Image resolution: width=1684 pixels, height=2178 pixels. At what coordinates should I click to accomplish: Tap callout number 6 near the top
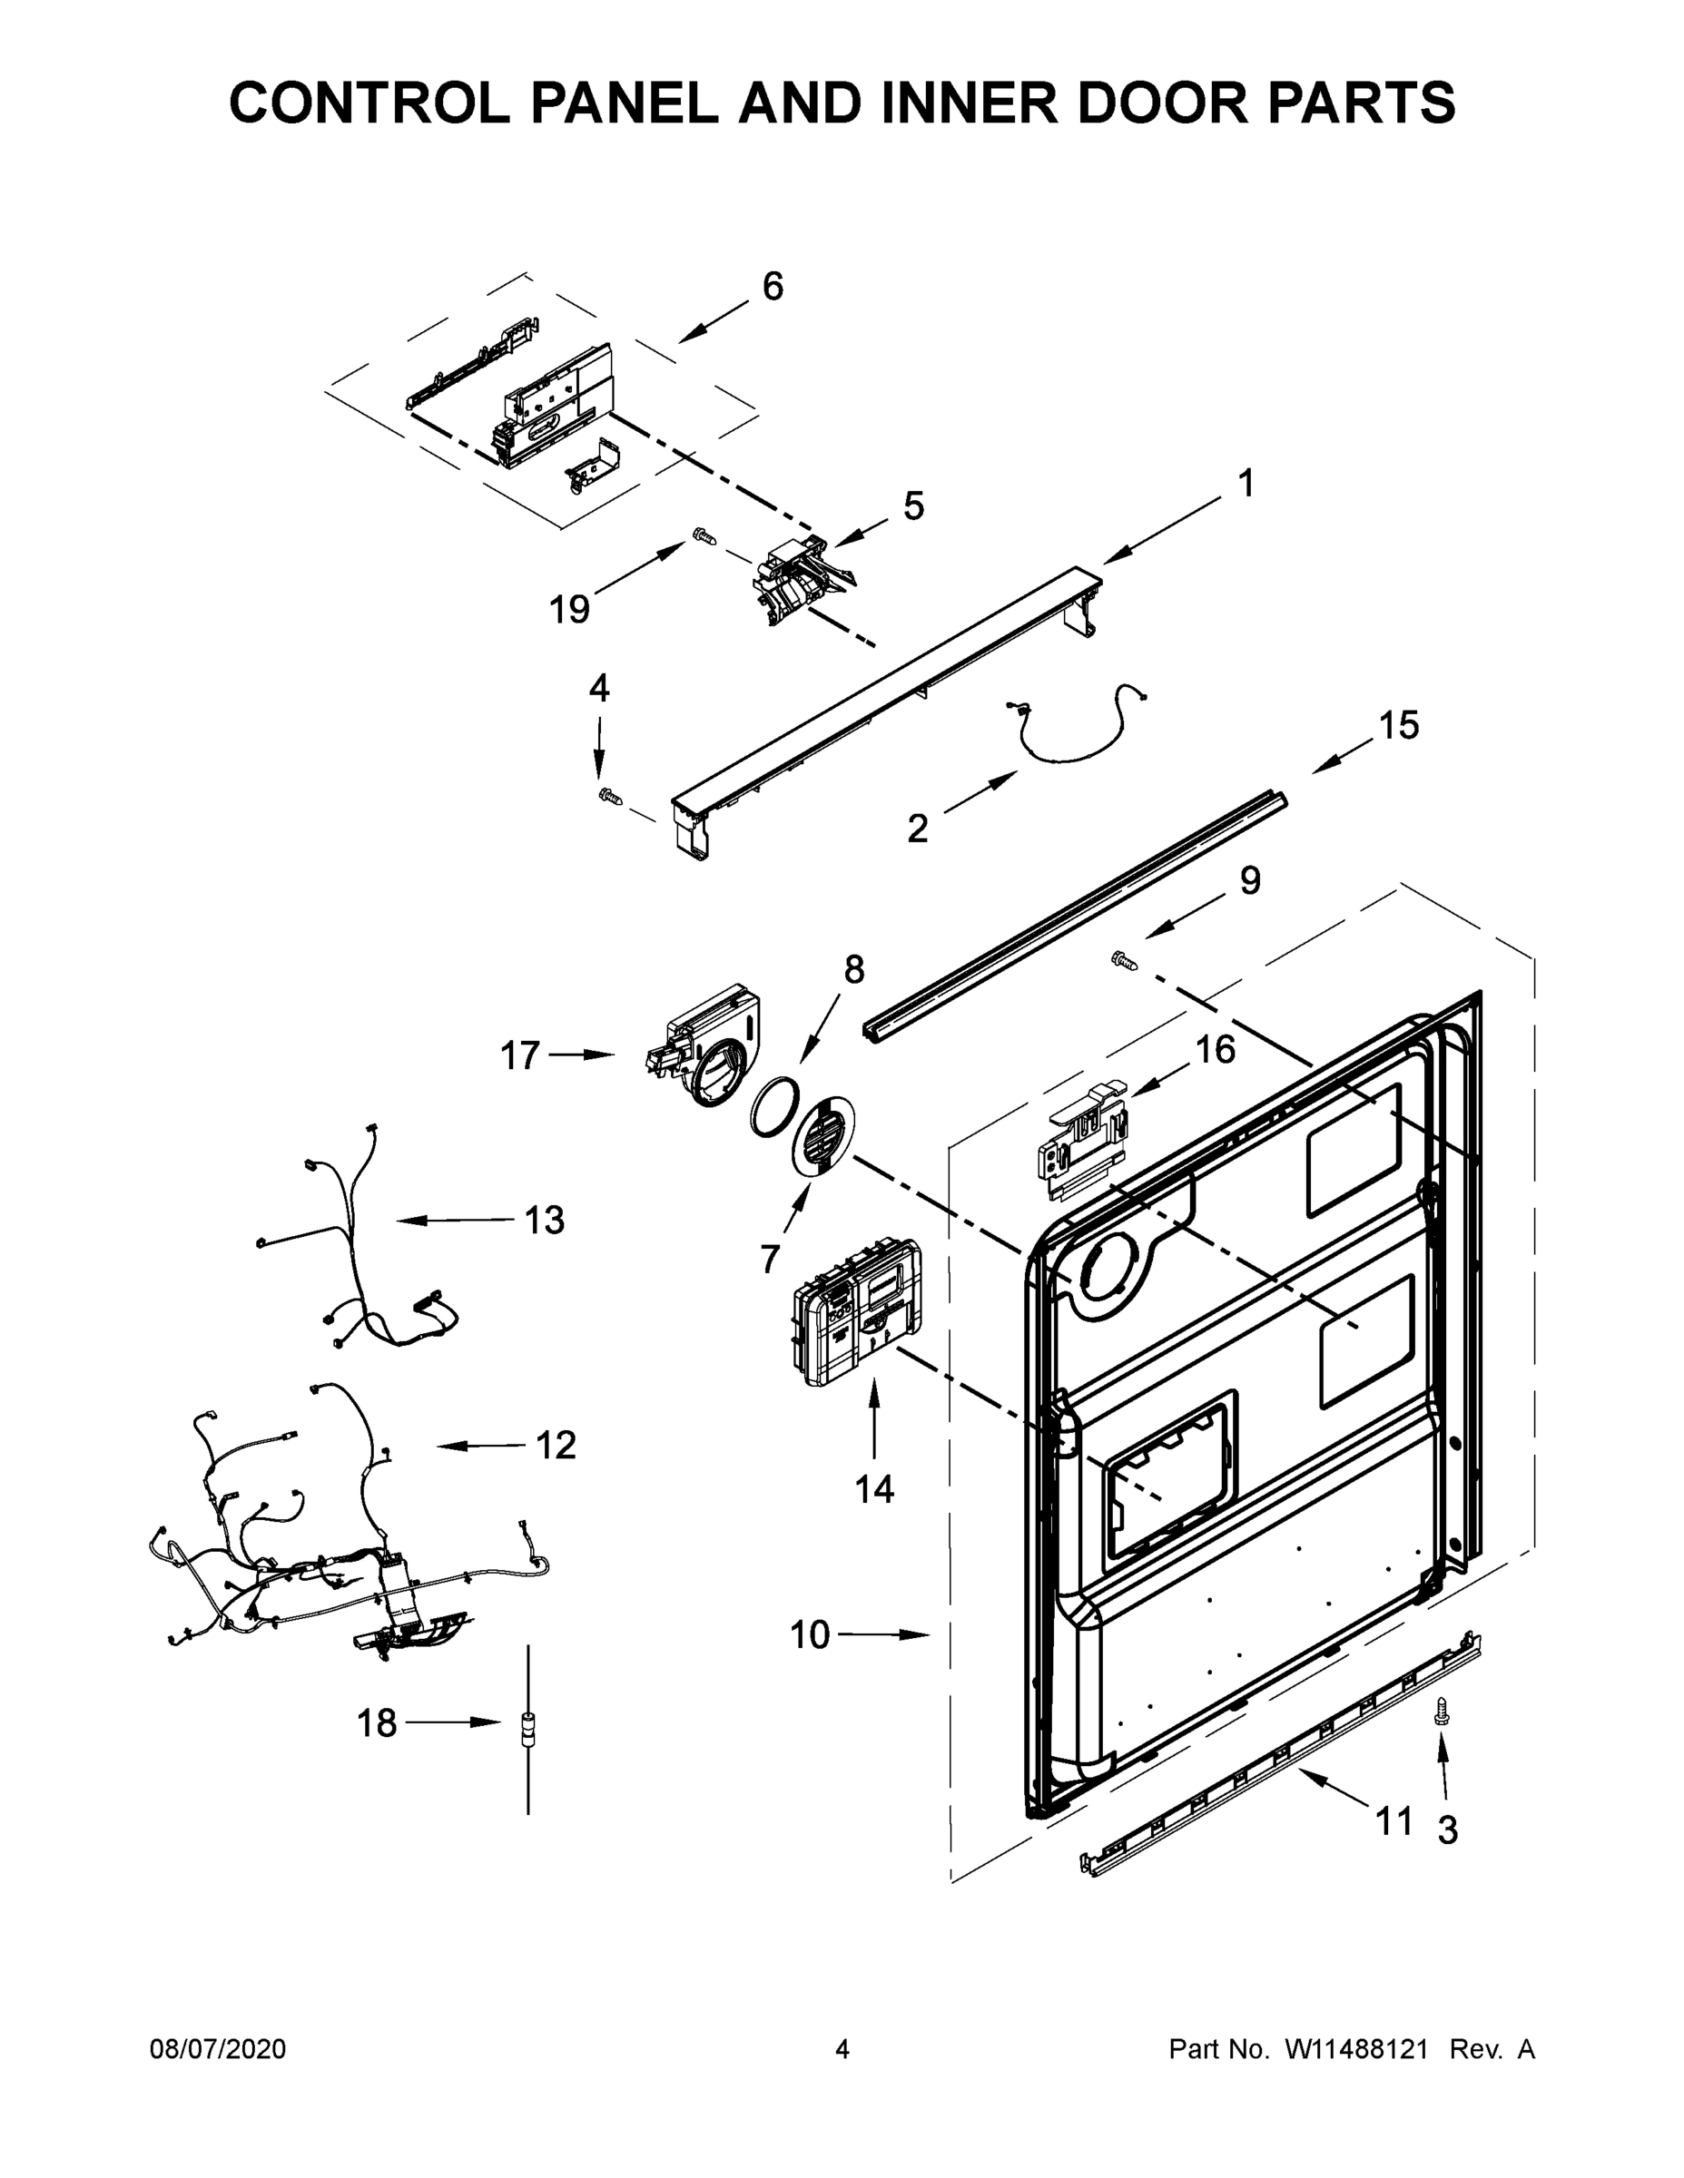[x=773, y=287]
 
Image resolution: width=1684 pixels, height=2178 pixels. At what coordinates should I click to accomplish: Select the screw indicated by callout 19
[x=704, y=536]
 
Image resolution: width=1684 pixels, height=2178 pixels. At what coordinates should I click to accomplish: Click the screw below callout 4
[x=607, y=795]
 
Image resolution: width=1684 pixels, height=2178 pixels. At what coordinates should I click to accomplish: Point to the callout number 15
[x=1399, y=726]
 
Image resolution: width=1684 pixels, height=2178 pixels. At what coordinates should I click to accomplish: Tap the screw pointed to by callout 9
[x=1124, y=960]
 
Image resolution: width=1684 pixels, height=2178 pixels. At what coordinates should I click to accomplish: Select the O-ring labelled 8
[x=774, y=1106]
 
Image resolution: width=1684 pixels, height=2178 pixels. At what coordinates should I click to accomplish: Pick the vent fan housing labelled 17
[x=705, y=1045]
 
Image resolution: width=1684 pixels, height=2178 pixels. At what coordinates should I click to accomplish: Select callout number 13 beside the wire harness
[x=545, y=1220]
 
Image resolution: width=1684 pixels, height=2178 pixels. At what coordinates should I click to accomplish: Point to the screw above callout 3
[x=1441, y=1712]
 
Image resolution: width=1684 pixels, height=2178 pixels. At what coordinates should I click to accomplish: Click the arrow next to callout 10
[x=884, y=1634]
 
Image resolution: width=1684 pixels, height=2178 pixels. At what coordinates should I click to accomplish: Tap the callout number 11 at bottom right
[x=1393, y=1821]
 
